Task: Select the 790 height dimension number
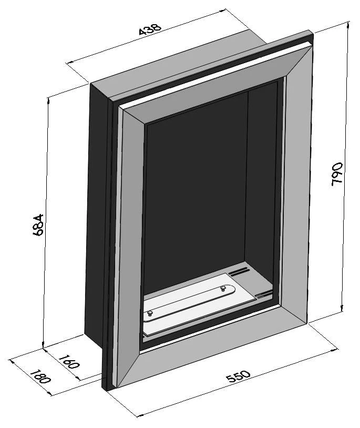click(337, 174)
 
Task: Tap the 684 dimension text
click(38, 225)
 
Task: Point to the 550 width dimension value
click(238, 376)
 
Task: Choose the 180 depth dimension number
click(40, 377)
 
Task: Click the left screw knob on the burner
click(149, 313)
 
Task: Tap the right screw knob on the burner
click(223, 288)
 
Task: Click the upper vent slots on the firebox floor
click(239, 271)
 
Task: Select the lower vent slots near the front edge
click(264, 294)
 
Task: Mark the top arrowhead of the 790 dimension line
click(348, 25)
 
